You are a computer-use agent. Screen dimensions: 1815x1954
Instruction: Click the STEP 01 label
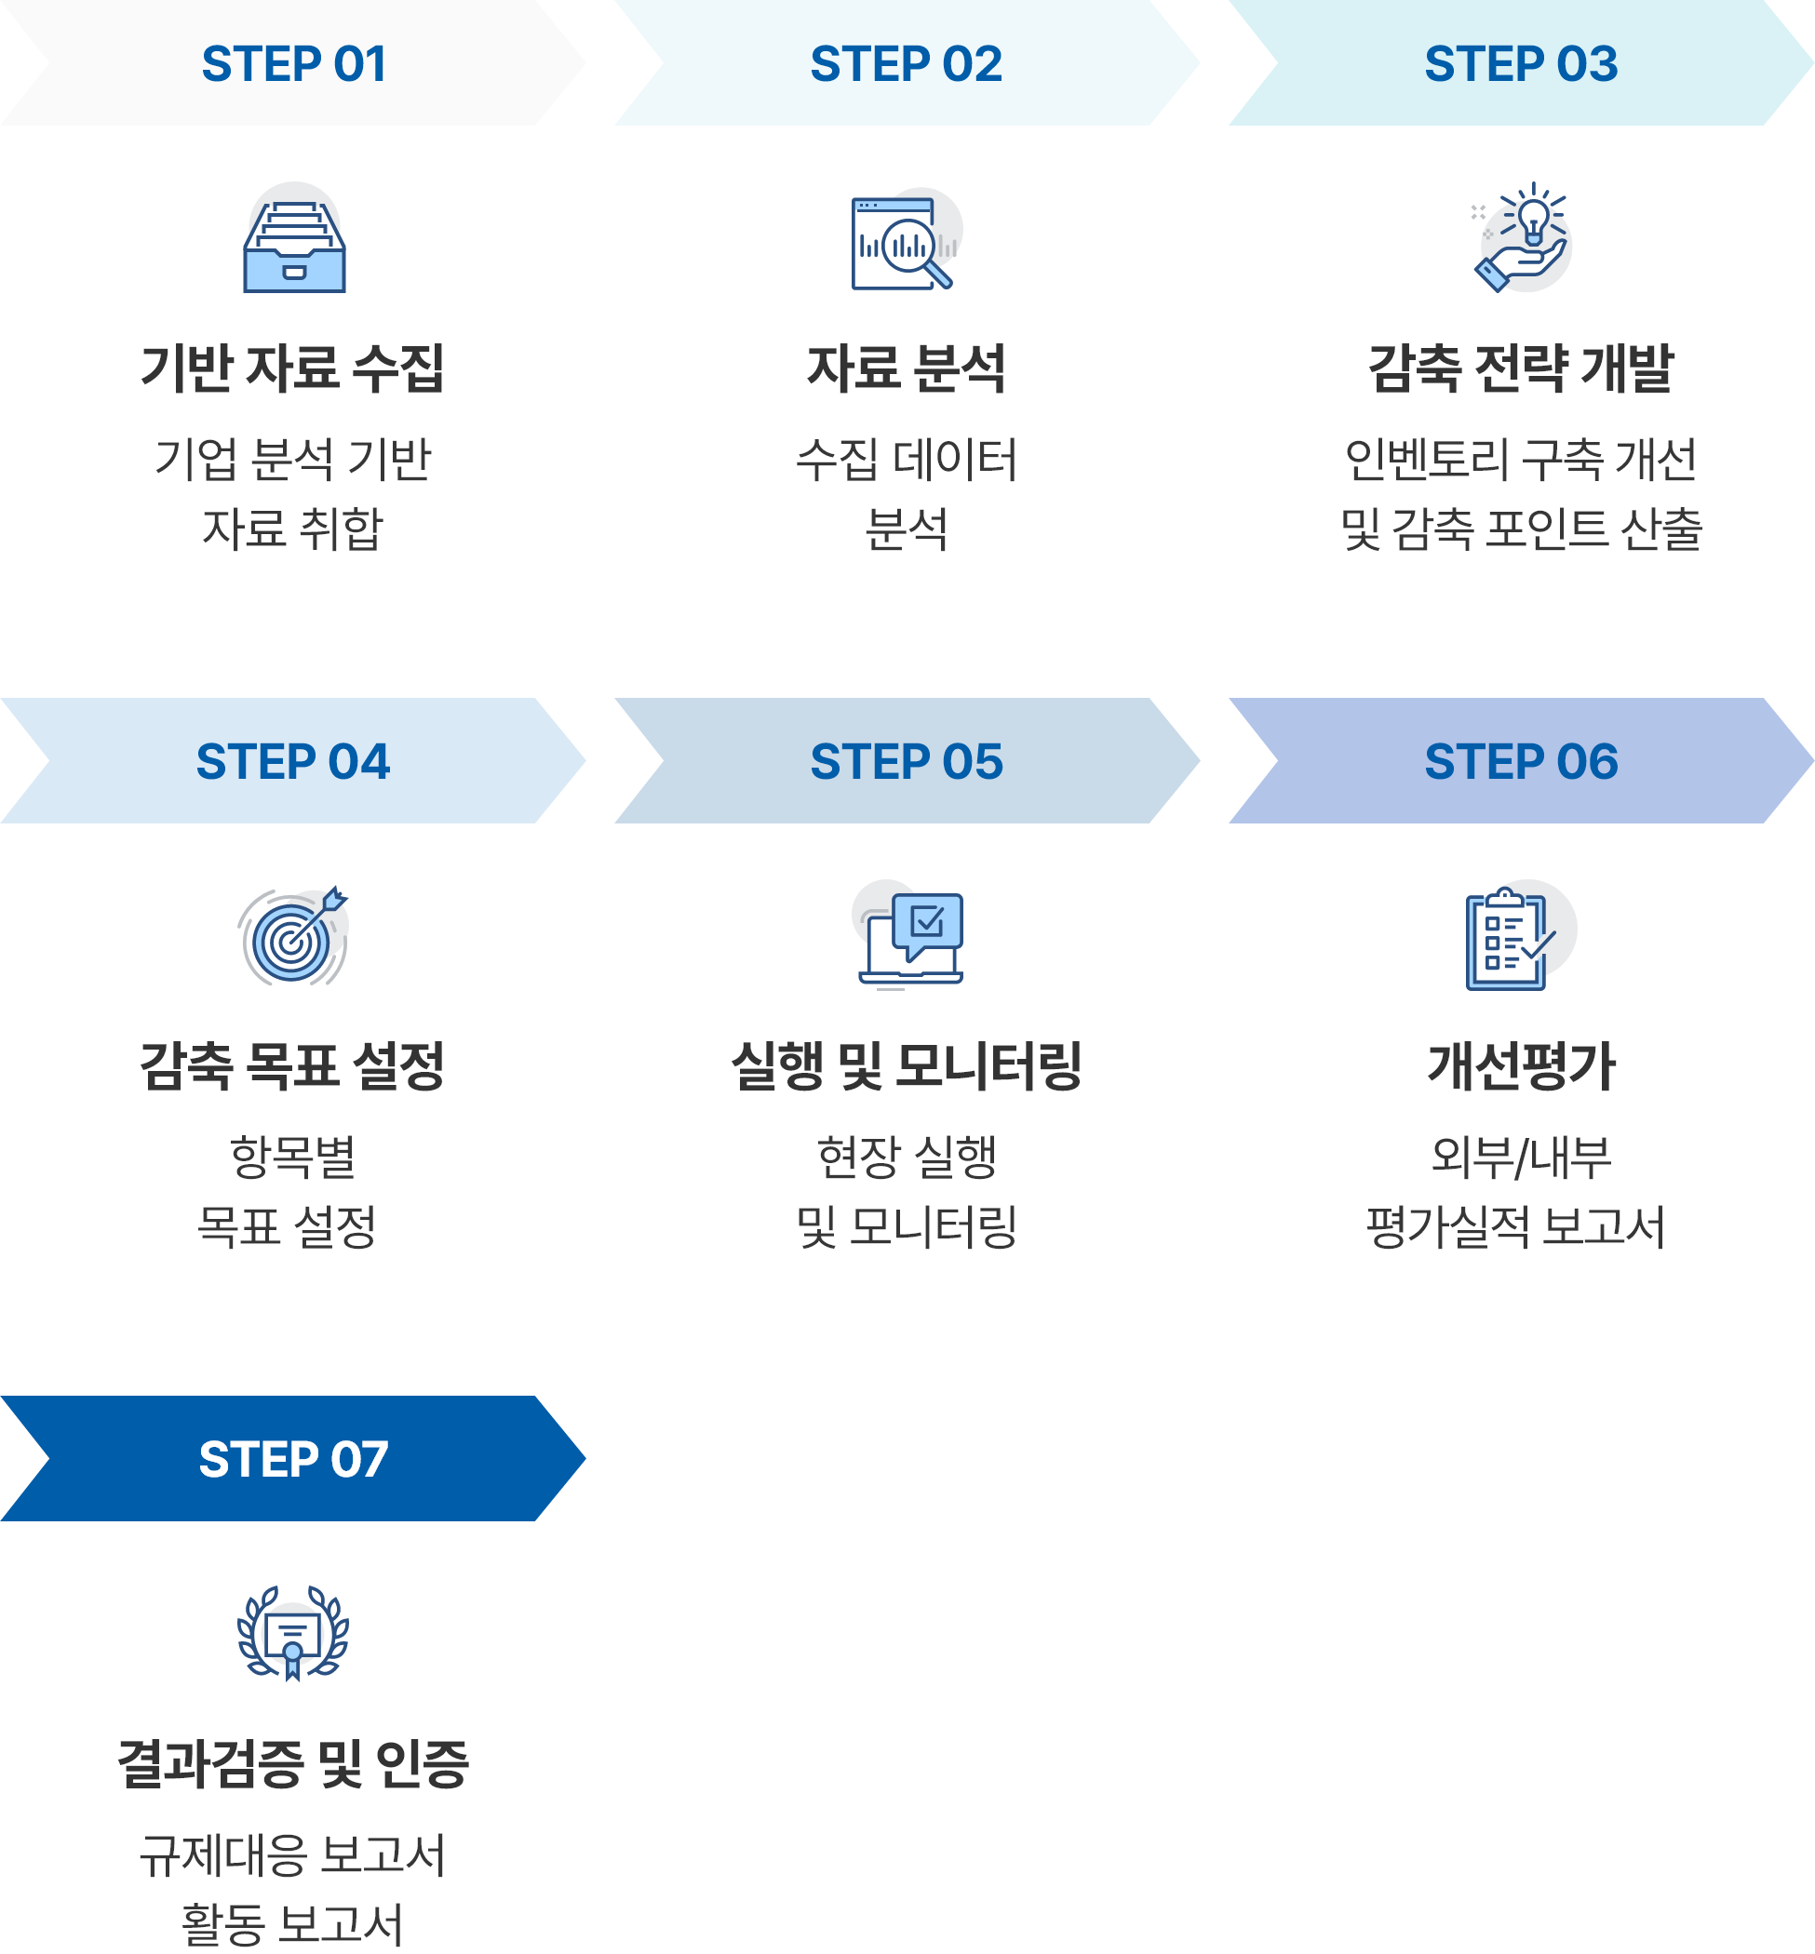(294, 64)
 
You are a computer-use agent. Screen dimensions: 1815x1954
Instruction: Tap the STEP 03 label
(1521, 64)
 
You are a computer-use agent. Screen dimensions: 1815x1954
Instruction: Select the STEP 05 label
(907, 761)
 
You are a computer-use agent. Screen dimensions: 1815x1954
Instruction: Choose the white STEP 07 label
(294, 1458)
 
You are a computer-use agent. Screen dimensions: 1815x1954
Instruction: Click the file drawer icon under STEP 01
(295, 238)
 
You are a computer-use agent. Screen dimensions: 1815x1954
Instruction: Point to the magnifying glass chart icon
(906, 241)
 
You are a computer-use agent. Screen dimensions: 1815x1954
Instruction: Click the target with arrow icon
(292, 936)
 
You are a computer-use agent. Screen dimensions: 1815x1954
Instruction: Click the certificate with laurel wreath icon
(292, 1633)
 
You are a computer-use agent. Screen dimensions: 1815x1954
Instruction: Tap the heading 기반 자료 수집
(292, 368)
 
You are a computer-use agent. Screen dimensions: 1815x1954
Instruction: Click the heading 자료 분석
(907, 368)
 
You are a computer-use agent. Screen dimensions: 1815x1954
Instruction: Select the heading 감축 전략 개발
(1521, 368)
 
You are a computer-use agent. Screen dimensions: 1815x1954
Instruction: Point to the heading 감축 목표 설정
(292, 1065)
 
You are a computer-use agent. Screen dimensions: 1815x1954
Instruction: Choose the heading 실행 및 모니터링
(907, 1065)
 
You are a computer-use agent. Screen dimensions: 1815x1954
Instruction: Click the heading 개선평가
(1521, 1065)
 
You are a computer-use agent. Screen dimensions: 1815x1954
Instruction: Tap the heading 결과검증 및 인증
(292, 1762)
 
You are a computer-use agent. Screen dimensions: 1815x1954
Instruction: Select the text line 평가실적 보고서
(1516, 1226)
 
